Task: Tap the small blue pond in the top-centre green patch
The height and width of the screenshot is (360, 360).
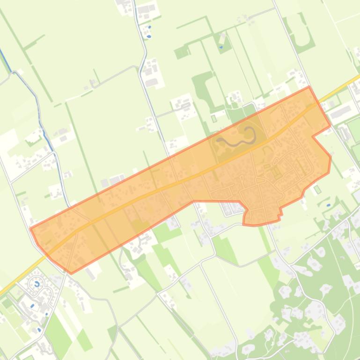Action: click(x=221, y=47)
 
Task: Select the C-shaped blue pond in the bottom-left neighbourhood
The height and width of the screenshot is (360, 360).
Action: click(x=37, y=284)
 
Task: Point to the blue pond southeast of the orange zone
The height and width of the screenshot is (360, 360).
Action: click(x=328, y=205)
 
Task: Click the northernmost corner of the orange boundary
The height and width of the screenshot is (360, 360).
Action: click(x=309, y=86)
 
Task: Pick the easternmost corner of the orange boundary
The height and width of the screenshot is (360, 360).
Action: click(x=331, y=157)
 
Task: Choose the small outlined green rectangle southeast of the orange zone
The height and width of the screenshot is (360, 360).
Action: click(x=318, y=189)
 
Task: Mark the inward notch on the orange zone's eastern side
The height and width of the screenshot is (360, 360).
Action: click(x=313, y=136)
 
